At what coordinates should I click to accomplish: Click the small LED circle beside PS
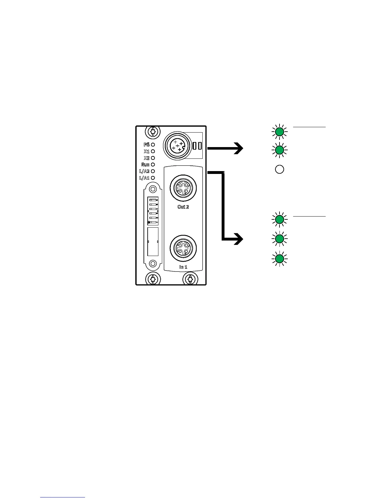153,145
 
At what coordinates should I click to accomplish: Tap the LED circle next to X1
153,151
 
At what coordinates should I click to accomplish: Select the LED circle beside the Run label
153,164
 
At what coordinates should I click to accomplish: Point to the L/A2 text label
144,171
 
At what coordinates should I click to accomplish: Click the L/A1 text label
144,178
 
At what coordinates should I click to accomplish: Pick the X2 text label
146,158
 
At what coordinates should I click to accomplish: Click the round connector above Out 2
183,188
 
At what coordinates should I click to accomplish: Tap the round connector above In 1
183,248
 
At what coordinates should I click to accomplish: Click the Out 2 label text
183,207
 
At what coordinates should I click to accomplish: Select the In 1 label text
183,267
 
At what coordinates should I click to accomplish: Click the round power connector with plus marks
177,145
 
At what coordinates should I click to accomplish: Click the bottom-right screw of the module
190,279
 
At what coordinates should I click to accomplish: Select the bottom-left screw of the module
153,279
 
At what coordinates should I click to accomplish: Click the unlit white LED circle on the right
279,170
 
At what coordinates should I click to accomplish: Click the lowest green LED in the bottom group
279,259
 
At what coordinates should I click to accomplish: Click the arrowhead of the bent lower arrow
239,239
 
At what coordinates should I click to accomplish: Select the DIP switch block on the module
153,211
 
